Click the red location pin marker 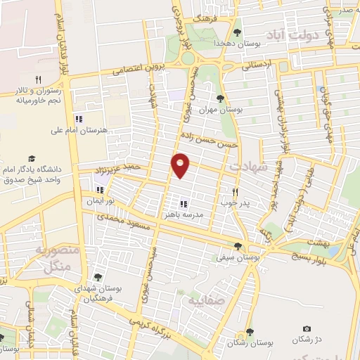[x=181, y=165]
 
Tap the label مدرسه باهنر [x=183, y=215]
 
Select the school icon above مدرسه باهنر [x=183, y=204]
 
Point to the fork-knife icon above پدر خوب [x=236, y=191]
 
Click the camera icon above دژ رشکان [x=307, y=328]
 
